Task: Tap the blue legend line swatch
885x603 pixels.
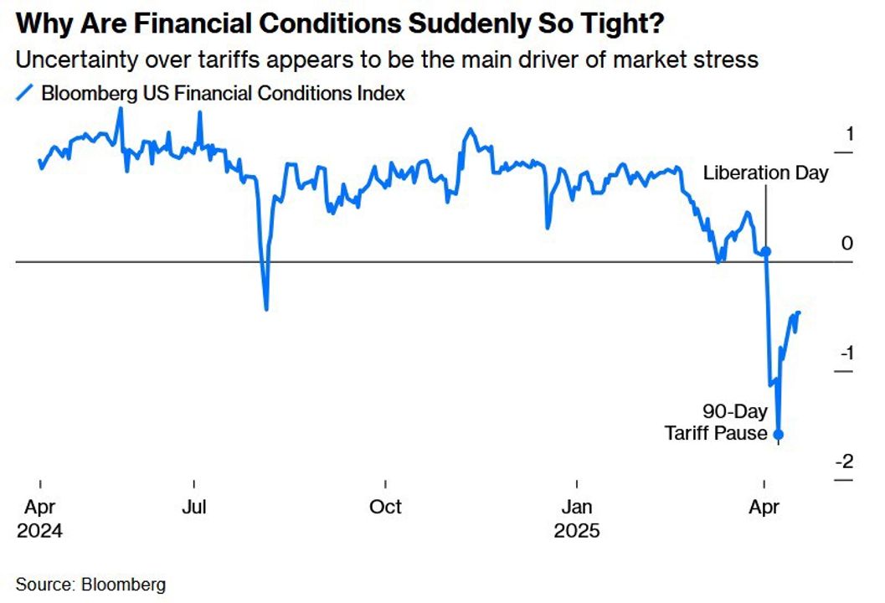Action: click(24, 92)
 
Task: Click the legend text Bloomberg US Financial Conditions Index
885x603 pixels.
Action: click(223, 93)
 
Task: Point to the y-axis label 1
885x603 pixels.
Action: click(848, 133)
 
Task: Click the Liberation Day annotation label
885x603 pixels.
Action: click(765, 173)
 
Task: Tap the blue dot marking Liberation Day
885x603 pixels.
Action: click(765, 251)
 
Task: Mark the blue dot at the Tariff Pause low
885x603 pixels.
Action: click(779, 434)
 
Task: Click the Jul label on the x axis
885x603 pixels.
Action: click(194, 507)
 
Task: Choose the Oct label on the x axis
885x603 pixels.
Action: click(386, 507)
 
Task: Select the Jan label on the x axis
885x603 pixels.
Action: click(577, 507)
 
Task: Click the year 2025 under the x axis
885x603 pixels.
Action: click(577, 531)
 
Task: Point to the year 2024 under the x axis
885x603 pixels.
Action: click(39, 531)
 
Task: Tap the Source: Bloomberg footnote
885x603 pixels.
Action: click(90, 584)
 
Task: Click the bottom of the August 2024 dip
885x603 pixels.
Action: click(266, 309)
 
